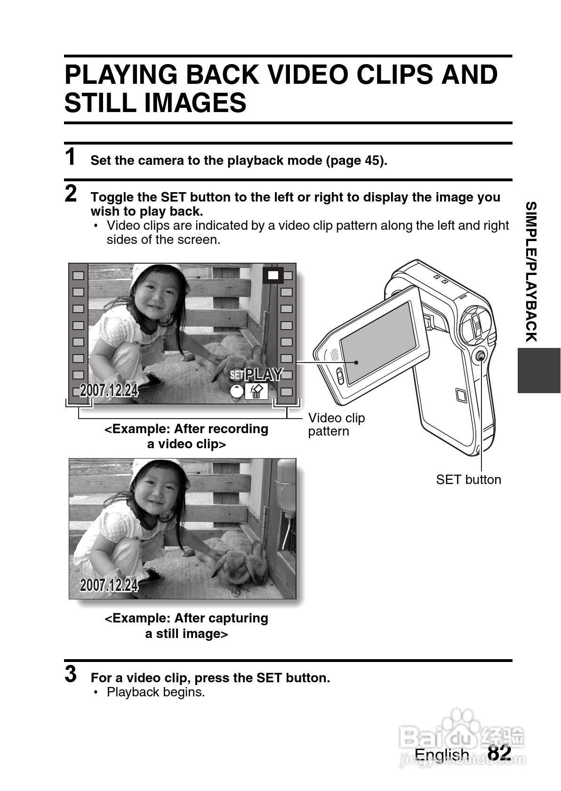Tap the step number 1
(71, 156)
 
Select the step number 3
(71, 674)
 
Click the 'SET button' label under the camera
(468, 479)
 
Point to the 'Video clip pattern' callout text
(336, 425)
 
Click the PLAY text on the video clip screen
(264, 374)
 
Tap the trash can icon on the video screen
(256, 391)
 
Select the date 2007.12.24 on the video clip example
(109, 390)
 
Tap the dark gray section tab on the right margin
(539, 371)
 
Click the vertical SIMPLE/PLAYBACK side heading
(531, 272)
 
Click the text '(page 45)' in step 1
(356, 161)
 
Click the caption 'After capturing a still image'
(186, 626)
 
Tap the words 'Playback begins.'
(156, 692)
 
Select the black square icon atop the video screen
(273, 275)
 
